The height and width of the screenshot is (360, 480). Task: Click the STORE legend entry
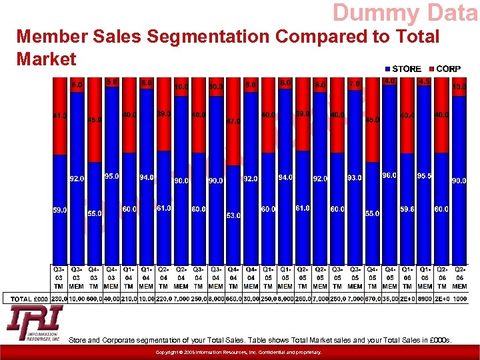click(x=403, y=69)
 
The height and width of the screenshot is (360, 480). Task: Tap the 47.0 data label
click(x=233, y=122)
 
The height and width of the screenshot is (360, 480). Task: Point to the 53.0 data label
click(x=233, y=215)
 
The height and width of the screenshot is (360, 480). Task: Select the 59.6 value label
click(x=407, y=209)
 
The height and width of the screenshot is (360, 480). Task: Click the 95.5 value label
click(x=424, y=176)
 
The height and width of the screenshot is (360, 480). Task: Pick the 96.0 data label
click(x=389, y=175)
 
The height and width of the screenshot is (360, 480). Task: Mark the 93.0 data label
click(x=355, y=178)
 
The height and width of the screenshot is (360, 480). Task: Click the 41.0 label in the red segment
click(x=59, y=116)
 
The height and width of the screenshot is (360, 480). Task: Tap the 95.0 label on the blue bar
click(x=111, y=176)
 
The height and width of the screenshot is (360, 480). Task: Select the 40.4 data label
click(x=407, y=115)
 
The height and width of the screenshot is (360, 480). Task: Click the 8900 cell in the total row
click(x=424, y=299)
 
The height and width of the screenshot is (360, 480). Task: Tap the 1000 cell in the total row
click(x=459, y=299)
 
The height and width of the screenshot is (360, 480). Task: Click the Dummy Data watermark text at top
click(x=405, y=13)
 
